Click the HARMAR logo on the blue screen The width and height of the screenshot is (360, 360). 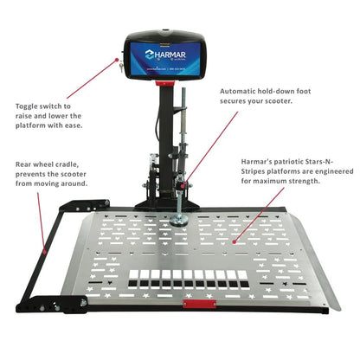[164, 51]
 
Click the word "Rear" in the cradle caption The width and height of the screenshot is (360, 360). [24, 163]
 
